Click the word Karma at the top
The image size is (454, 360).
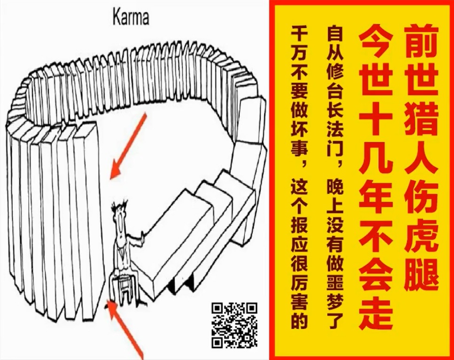coord(131,17)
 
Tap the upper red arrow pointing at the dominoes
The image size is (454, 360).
coord(128,146)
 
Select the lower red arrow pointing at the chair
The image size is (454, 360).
coord(125,329)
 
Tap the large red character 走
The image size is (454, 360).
coord(376,313)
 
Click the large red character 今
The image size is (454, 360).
coord(376,46)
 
